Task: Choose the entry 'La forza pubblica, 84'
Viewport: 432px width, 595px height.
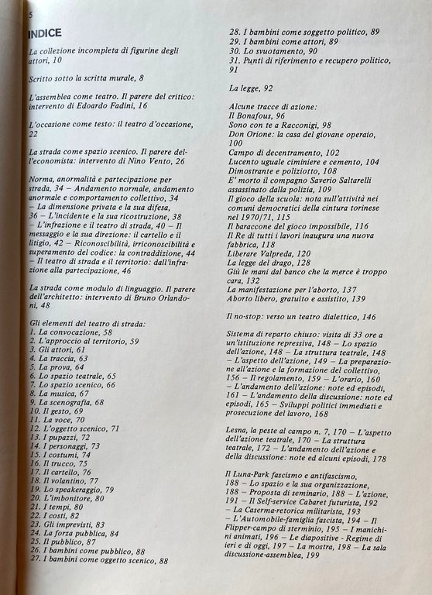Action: (x=80, y=532)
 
